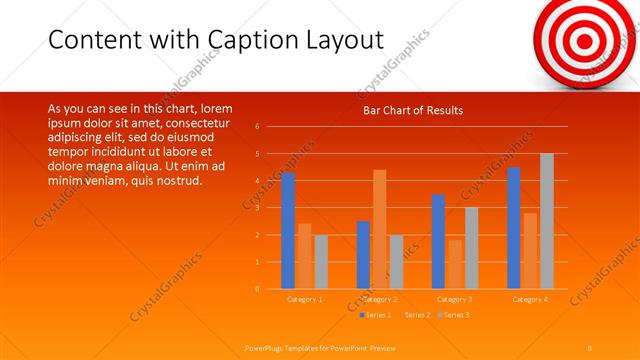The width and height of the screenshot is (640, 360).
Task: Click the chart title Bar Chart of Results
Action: (412, 110)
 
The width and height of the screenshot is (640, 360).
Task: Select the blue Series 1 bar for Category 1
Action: (288, 230)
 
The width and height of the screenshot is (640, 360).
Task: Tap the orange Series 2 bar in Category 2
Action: (380, 229)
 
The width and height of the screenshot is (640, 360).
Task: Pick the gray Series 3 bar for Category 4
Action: (547, 221)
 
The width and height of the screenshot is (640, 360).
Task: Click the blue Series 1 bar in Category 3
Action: (438, 241)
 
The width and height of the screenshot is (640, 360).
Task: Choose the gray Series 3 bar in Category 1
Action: (321, 261)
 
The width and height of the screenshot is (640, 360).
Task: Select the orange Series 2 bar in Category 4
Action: (530, 250)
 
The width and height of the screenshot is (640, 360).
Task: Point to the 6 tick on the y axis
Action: (257, 127)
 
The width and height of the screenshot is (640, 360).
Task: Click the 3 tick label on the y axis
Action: (257, 208)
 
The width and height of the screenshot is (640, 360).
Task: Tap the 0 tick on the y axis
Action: (257, 289)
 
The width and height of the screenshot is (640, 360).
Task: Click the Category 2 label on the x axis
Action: (380, 299)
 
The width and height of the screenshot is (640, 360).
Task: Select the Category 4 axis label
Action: (530, 299)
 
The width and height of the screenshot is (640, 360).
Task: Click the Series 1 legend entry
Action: (378, 315)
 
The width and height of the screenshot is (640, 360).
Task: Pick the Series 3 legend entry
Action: (456, 315)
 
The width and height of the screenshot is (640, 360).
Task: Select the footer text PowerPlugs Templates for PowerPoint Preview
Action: (321, 347)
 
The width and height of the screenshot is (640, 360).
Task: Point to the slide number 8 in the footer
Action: (590, 347)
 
